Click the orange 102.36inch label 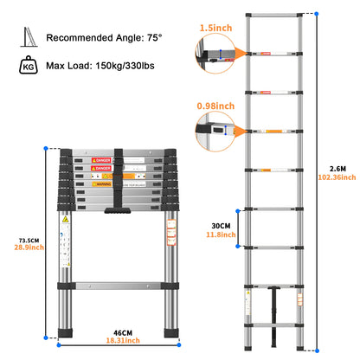pyautogui.click(x=337, y=177)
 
